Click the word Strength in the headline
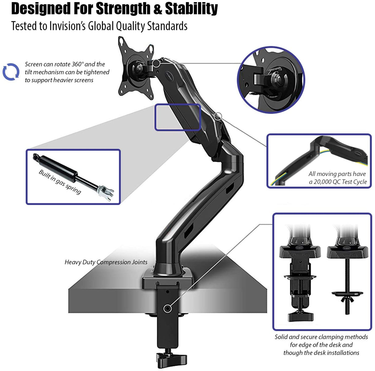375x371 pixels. point(124,9)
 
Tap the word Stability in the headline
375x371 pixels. point(192,9)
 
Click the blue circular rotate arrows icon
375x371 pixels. point(11,72)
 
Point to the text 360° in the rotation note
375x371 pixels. point(78,64)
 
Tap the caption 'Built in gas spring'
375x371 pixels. point(60,182)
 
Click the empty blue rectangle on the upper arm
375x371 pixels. point(178,117)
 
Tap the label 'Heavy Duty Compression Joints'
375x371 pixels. point(106,262)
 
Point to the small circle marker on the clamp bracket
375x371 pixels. point(167,308)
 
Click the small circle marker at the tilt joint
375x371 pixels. point(157,63)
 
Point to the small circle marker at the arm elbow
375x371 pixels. point(218,116)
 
